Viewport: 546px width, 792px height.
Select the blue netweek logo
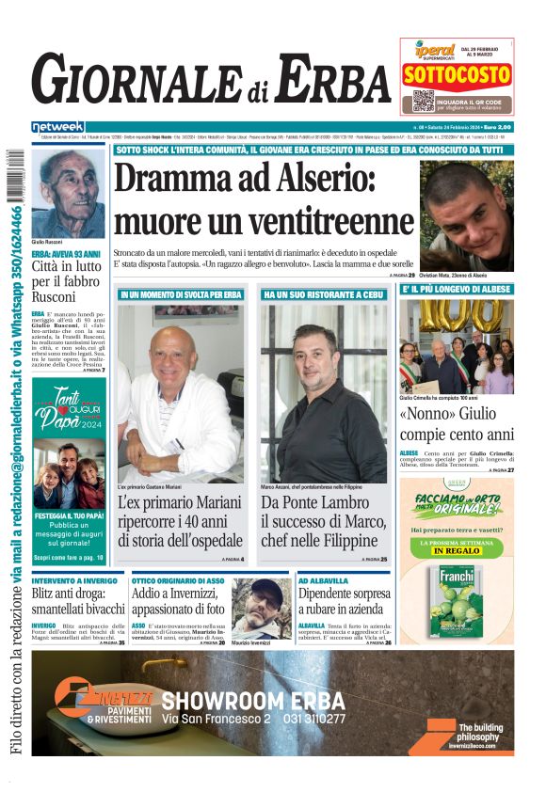[57, 126]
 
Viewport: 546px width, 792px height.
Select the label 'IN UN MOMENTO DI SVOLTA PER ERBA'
[181, 294]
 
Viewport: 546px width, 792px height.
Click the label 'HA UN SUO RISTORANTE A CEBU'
[324, 294]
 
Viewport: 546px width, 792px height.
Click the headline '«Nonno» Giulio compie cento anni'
[457, 423]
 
